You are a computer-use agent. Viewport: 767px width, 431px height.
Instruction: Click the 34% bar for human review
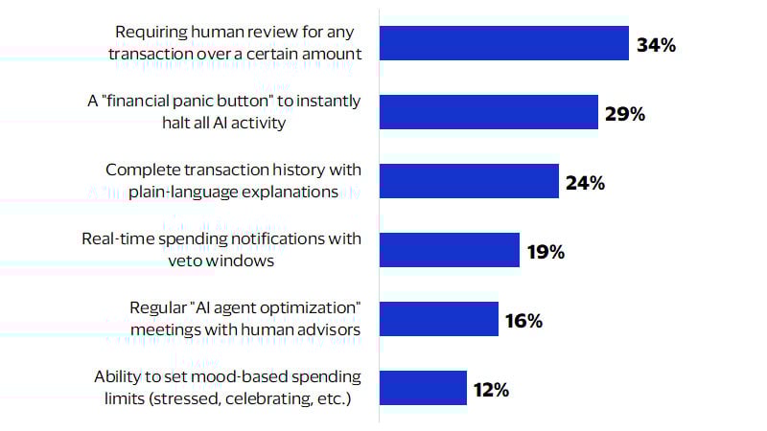pyautogui.click(x=504, y=43)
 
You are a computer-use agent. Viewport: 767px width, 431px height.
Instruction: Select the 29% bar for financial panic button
pyautogui.click(x=489, y=112)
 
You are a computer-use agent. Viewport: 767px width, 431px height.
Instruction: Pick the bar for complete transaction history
pyautogui.click(x=469, y=181)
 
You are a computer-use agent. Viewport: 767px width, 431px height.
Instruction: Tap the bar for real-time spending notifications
pyautogui.click(x=450, y=250)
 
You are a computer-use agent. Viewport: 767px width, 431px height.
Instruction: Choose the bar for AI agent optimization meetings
pyautogui.click(x=439, y=319)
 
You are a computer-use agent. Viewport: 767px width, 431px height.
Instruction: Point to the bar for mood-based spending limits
pyautogui.click(x=423, y=388)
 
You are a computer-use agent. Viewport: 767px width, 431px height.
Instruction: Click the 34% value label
pyautogui.click(x=657, y=44)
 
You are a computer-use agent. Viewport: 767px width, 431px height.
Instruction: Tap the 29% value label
pyautogui.click(x=625, y=113)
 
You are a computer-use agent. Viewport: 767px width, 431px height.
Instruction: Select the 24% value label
pyautogui.click(x=585, y=182)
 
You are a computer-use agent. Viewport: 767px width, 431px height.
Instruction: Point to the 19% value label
pyautogui.click(x=546, y=252)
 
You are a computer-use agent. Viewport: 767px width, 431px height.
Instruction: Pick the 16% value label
pyautogui.click(x=523, y=321)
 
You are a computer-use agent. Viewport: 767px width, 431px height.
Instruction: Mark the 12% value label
pyautogui.click(x=490, y=390)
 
